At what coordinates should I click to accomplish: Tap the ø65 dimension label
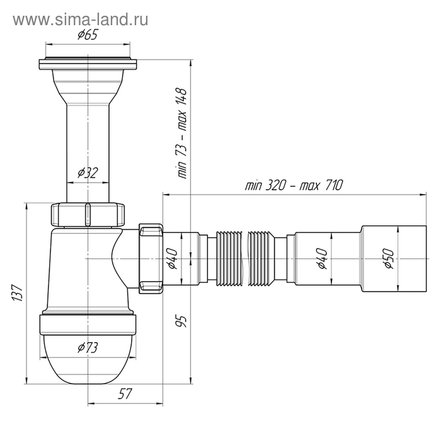click(x=88, y=36)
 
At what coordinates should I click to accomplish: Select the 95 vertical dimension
click(x=183, y=323)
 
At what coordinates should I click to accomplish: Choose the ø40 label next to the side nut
click(x=173, y=258)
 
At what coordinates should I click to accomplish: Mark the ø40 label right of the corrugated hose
click(x=322, y=258)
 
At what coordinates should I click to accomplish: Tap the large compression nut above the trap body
click(x=88, y=214)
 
